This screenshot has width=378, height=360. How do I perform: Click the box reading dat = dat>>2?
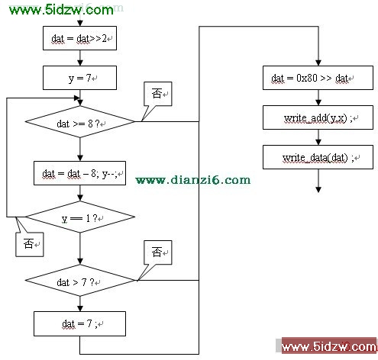tap(79, 38)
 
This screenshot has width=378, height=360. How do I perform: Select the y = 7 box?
tap(79, 78)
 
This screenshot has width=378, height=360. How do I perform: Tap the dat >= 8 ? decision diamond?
tap(79, 121)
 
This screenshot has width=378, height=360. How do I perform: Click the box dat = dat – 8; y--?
tap(79, 173)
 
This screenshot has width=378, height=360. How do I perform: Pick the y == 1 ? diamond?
tap(79, 217)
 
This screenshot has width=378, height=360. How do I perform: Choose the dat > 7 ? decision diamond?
tap(79, 281)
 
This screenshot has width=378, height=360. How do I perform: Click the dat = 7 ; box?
tap(79, 323)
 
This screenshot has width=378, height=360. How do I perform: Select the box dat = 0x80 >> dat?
tap(318, 78)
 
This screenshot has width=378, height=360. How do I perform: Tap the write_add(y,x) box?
tap(318, 117)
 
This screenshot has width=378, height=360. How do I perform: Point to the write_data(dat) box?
tap(318, 157)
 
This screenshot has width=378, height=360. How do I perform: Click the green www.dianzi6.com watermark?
tap(193, 180)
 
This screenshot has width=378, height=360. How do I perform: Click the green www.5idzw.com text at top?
tap(61, 10)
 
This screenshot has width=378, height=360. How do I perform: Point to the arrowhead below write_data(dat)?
tap(318, 190)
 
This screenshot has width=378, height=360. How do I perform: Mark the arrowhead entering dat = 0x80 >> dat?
tap(318, 63)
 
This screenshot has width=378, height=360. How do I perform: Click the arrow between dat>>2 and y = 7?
tap(80, 58)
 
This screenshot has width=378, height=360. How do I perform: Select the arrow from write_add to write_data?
tap(318, 137)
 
